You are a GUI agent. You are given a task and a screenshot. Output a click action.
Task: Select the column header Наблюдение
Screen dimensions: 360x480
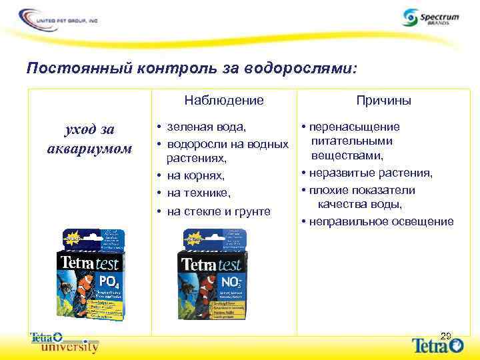point(224,100)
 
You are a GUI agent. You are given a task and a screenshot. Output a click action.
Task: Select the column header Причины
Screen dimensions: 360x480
point(383,100)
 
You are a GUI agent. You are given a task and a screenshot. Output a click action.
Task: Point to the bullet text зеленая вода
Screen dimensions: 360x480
point(206,126)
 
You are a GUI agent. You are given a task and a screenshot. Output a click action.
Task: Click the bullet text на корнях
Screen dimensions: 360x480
point(195,176)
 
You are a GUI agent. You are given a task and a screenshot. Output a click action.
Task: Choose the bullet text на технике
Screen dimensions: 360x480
point(198,193)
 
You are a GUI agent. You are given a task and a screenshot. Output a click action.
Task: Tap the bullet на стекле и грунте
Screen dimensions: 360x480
point(218,211)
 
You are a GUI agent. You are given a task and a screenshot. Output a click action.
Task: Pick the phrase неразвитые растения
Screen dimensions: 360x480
point(369,173)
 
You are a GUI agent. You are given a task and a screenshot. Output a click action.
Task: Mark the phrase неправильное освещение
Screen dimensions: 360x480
point(380,222)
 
